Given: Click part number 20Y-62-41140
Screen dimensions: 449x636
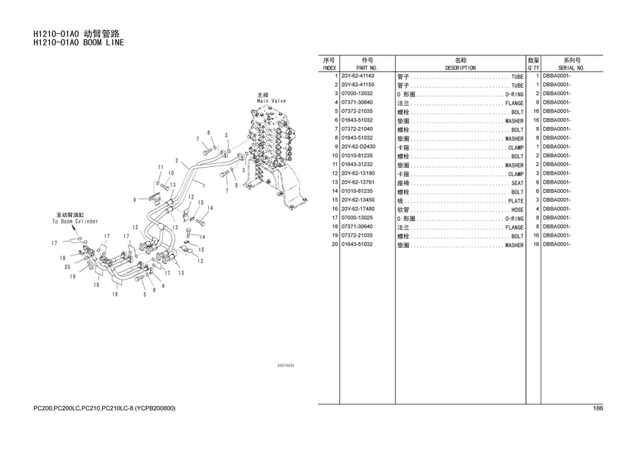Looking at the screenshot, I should point(357,76).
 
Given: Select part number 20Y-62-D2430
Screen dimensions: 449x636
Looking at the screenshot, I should point(357,147).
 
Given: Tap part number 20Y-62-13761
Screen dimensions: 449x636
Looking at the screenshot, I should point(357,182).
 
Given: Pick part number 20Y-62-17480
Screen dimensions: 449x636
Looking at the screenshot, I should point(357,209).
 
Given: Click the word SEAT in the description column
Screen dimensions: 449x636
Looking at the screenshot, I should point(517,183).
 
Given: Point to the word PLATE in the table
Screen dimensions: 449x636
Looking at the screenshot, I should point(516,201).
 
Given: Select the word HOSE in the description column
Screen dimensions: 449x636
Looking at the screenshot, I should point(517,209).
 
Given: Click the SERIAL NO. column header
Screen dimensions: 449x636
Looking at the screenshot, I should point(572,68).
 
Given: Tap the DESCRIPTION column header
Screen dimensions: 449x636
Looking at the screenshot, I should point(460,68).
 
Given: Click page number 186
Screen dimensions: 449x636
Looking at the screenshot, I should point(598,409).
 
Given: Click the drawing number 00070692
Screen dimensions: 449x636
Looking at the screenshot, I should point(285,365).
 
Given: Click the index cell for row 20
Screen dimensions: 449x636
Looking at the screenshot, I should point(334,245).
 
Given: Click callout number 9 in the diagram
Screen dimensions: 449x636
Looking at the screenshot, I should point(134,200).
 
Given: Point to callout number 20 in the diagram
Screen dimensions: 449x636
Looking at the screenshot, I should point(67,267).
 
